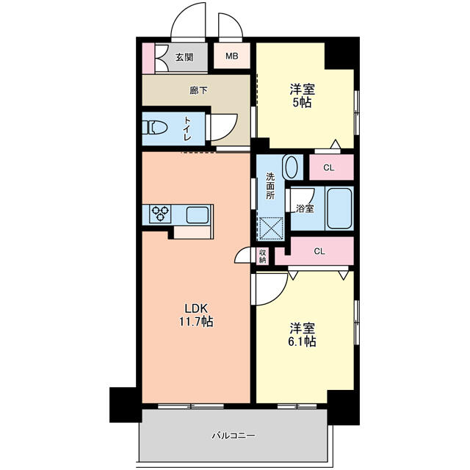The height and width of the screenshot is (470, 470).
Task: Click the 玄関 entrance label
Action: (x=184, y=57)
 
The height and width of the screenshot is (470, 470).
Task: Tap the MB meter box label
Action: (x=232, y=56)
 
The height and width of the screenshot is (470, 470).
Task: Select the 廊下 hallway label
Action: (x=198, y=90)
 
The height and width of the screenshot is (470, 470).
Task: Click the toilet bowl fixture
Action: (x=155, y=128)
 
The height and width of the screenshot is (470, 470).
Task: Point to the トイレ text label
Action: (x=187, y=129)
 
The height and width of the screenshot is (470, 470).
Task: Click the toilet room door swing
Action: (x=223, y=127)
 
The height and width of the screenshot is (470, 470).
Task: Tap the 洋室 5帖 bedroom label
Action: (x=302, y=96)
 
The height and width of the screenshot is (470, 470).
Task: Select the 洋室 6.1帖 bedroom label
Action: (x=302, y=335)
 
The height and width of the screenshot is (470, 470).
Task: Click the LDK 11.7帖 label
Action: (x=196, y=315)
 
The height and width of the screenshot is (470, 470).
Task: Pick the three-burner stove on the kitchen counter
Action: (x=160, y=214)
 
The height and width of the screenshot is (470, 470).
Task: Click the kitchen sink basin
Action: (x=198, y=215)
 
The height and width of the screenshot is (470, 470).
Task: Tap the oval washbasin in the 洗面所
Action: (x=292, y=167)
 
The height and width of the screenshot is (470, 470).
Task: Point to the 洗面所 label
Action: (x=270, y=186)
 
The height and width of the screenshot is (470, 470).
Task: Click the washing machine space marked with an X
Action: (x=271, y=228)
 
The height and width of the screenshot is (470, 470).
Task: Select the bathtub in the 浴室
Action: (x=339, y=209)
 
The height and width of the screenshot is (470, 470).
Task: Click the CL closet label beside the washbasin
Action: (x=328, y=168)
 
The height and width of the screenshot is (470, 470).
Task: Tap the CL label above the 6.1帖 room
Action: (x=319, y=251)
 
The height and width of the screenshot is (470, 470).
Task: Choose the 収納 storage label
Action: (x=263, y=256)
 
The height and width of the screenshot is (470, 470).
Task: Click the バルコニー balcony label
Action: (x=234, y=435)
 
